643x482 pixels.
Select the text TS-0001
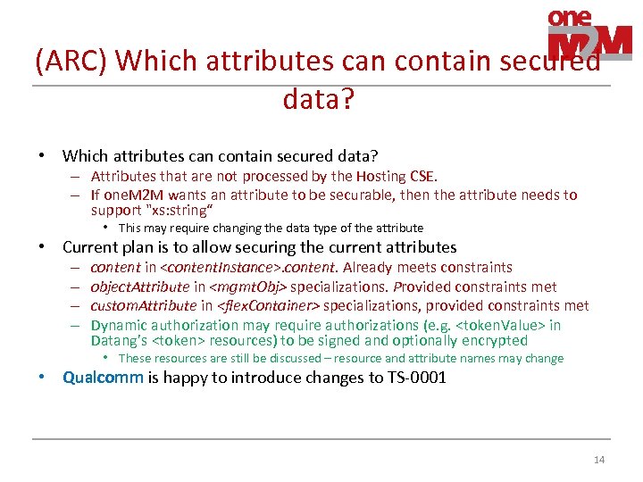pyautogui.click(x=416, y=377)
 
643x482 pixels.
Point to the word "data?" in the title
pyautogui.click(x=319, y=98)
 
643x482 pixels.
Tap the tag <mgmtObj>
pyautogui.click(x=247, y=287)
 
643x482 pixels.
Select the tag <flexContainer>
pyautogui.click(x=268, y=306)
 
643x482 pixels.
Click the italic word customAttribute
pyautogui.click(x=139, y=306)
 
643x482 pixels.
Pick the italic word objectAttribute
pyautogui.click(x=140, y=287)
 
